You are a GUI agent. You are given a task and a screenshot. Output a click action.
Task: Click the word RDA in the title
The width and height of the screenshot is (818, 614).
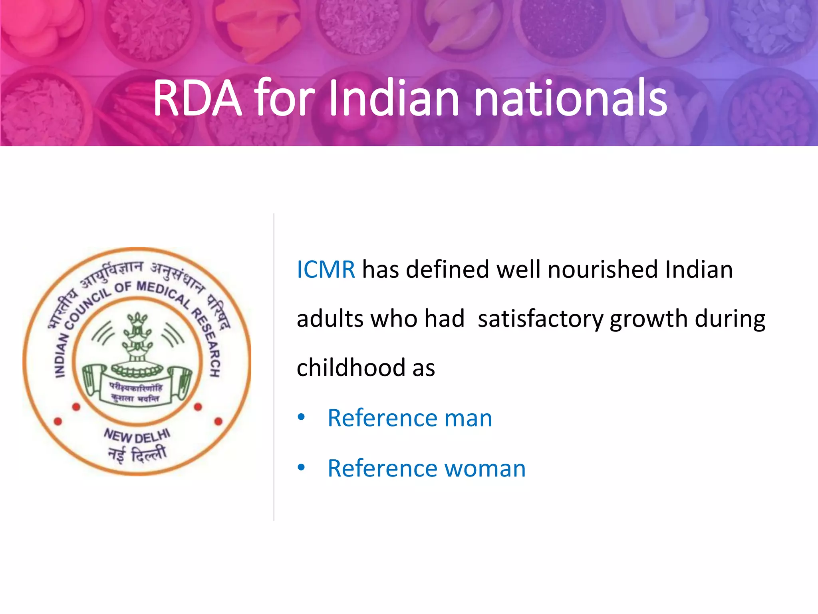(x=198, y=98)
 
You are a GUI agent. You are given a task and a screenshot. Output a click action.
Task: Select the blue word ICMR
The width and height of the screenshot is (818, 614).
(x=326, y=269)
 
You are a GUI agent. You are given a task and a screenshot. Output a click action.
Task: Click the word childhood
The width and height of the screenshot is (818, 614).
(x=351, y=367)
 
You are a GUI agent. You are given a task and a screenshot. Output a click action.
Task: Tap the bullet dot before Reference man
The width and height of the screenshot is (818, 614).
(x=301, y=418)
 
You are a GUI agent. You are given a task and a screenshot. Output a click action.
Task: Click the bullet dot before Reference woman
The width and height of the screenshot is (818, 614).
(x=301, y=467)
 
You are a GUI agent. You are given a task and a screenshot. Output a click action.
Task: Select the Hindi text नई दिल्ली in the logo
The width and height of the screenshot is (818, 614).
(x=137, y=455)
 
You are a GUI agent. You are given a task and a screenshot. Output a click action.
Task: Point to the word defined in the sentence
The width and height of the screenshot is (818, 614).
(x=447, y=269)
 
